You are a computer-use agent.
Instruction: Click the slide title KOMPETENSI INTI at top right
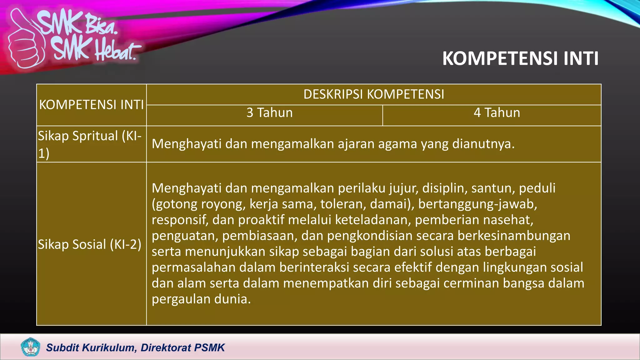pos(520,58)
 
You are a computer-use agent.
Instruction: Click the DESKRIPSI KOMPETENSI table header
pos(374,94)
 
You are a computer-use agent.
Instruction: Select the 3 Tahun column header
pos(269,113)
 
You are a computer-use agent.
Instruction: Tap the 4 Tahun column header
pos(497,113)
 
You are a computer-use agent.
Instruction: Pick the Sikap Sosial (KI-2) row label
pos(90,244)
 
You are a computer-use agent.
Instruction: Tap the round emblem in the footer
pos(30,347)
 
